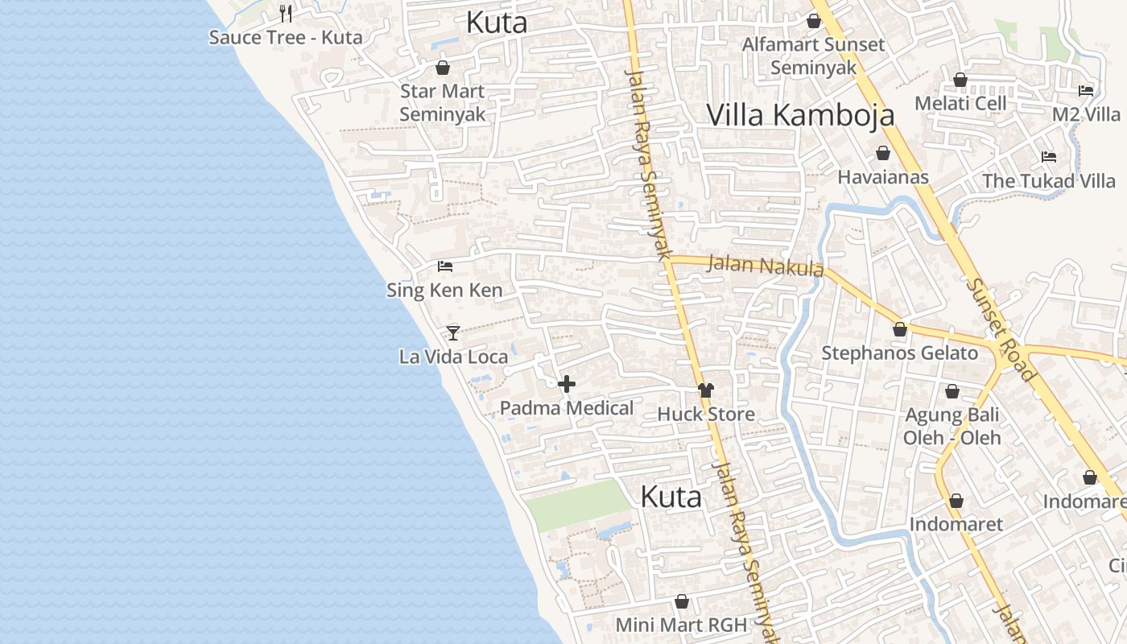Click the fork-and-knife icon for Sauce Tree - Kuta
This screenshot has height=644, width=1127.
tap(286, 14)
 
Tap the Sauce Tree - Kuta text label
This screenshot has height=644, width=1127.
tap(286, 37)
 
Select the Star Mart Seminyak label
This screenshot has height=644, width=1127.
tap(442, 102)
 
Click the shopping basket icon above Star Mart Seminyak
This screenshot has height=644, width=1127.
tap(442, 68)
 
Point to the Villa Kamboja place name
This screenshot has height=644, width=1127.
tap(800, 115)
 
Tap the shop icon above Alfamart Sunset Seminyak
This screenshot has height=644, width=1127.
tap(814, 21)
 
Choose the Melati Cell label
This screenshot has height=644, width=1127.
tap(960, 103)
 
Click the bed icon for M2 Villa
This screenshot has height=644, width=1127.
tap(1086, 91)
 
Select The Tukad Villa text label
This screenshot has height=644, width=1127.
tap(1048, 181)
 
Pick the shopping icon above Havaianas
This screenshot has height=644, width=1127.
tap(883, 153)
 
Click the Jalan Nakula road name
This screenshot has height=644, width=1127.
tap(765, 266)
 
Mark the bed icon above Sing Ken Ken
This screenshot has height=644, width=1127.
tap(444, 266)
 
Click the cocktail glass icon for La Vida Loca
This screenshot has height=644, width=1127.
tap(453, 332)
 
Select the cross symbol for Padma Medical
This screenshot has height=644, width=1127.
tap(567, 384)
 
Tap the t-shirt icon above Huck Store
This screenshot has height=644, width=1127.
tap(706, 390)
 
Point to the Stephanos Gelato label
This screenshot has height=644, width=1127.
tap(899, 353)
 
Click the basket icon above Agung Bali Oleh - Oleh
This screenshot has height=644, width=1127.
tap(952, 391)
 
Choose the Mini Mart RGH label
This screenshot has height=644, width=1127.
tap(681, 625)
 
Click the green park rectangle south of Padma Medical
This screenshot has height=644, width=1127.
tap(577, 505)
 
